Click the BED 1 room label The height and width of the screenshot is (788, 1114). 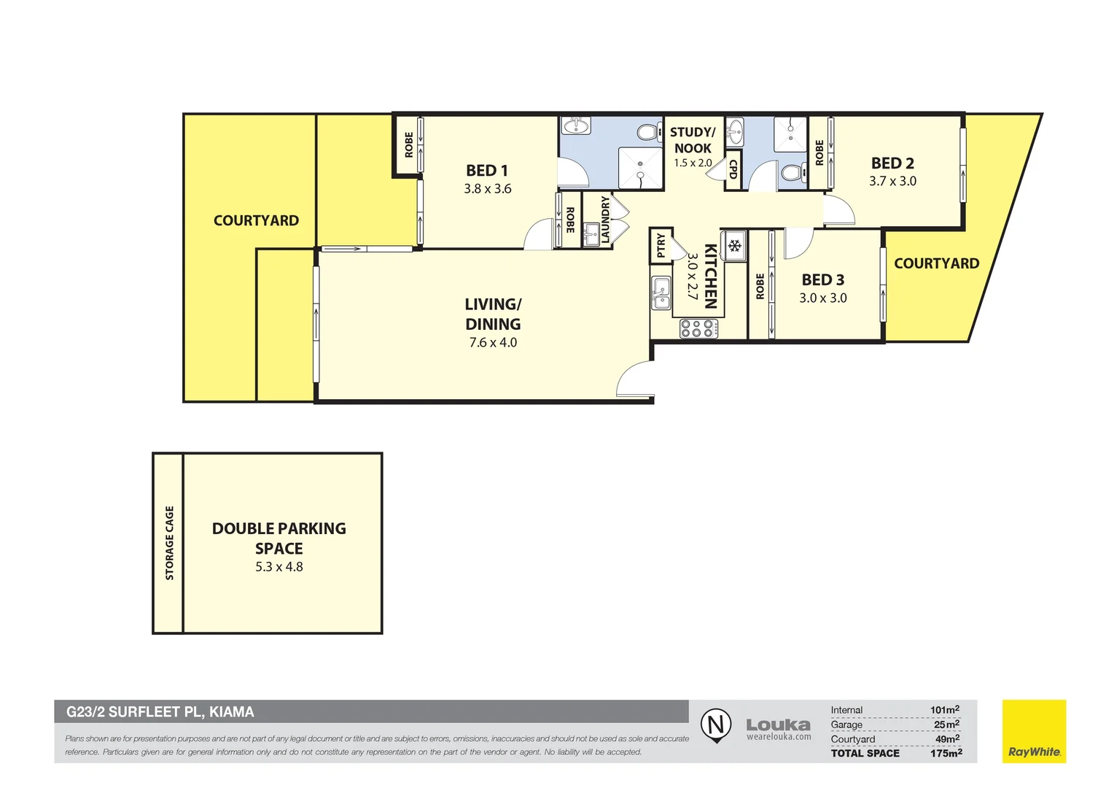click(x=487, y=171)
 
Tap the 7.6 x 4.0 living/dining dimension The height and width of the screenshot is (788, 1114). click(x=493, y=343)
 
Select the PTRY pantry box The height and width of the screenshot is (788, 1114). click(x=661, y=245)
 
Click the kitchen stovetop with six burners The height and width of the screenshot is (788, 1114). click(x=698, y=329)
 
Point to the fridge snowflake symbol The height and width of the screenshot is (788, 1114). click(x=734, y=246)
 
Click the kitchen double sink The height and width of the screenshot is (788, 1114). click(x=661, y=293)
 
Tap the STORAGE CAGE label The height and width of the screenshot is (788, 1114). click(x=169, y=543)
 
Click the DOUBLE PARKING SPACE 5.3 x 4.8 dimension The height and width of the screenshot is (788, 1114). click(x=278, y=567)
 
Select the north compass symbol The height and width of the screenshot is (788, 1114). click(x=716, y=725)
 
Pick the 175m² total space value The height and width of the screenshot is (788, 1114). click(x=946, y=753)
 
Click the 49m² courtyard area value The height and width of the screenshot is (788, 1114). click(x=947, y=739)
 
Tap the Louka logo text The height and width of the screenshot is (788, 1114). click(x=778, y=725)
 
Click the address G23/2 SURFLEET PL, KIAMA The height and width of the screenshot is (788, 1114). click(x=160, y=712)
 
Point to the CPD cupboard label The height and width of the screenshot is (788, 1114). click(x=733, y=170)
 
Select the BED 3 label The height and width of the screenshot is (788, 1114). click(x=822, y=280)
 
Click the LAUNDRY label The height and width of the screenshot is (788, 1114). click(x=605, y=220)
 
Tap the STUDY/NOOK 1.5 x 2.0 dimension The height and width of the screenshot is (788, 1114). click(x=693, y=163)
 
